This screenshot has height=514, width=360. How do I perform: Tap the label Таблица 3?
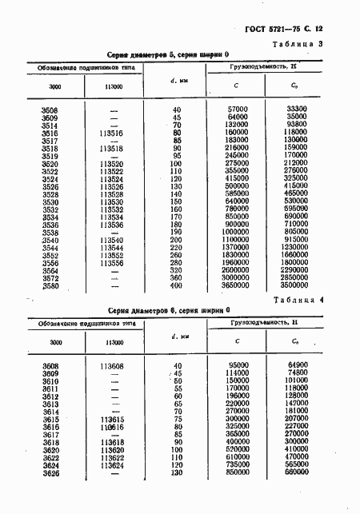pyautogui.click(x=319, y=44)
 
